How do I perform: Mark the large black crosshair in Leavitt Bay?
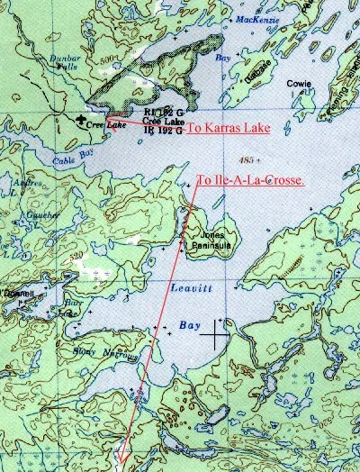point(215,337)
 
